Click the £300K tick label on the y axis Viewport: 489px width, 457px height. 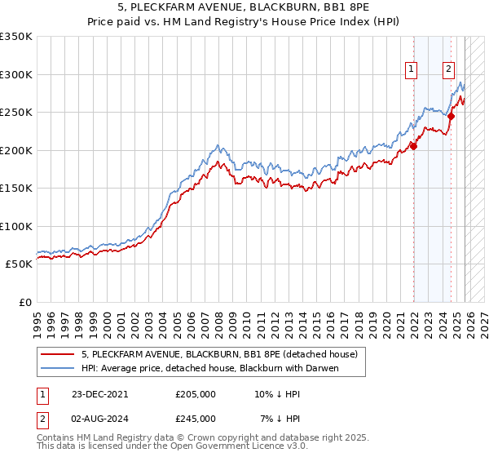point(16,74)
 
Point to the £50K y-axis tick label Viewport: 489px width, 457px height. point(20,264)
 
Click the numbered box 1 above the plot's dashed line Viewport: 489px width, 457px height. point(412,70)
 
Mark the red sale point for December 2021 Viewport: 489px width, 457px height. point(413,146)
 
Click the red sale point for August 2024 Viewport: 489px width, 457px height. point(451,116)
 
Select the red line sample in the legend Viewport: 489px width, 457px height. point(57,354)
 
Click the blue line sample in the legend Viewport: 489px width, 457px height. point(57,369)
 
